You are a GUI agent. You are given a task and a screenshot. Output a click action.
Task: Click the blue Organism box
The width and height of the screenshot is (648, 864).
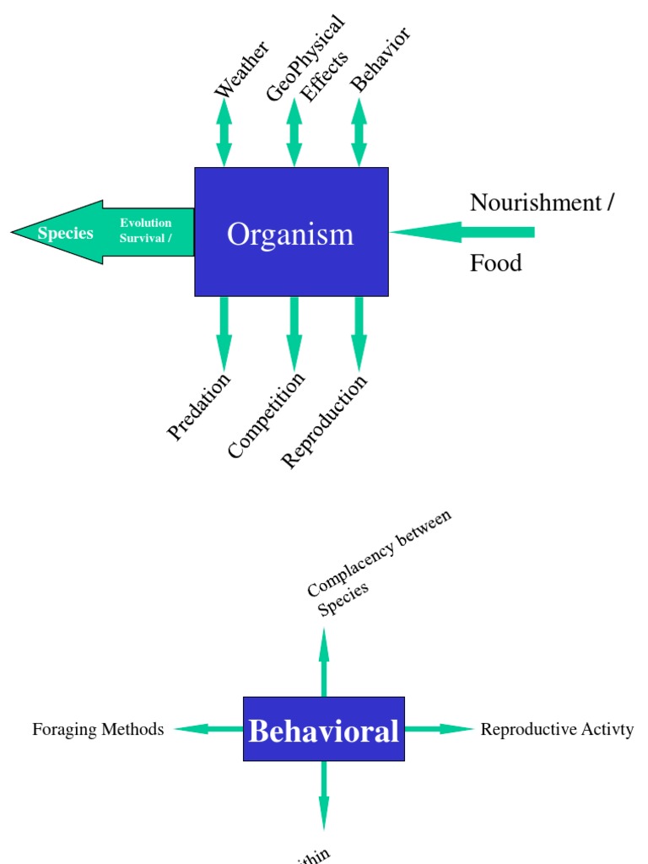pyautogui.click(x=291, y=232)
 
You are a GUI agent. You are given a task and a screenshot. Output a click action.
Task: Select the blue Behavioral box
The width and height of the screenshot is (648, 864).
pyautogui.click(x=323, y=729)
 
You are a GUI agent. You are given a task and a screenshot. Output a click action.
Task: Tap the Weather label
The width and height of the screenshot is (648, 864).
pyautogui.click(x=241, y=68)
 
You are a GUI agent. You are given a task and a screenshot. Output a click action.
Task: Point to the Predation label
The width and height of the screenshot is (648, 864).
pyautogui.click(x=199, y=408)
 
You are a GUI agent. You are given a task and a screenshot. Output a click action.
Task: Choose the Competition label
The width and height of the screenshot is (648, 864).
pyautogui.click(x=266, y=415)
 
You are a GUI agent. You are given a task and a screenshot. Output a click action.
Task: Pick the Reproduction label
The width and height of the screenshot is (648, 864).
pyautogui.click(x=325, y=421)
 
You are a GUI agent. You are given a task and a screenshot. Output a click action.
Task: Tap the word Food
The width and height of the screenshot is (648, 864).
pyautogui.click(x=496, y=263)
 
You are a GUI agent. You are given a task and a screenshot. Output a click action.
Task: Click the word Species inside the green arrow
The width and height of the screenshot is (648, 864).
pyautogui.click(x=65, y=234)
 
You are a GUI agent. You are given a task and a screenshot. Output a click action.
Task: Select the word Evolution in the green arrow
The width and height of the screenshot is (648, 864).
pyautogui.click(x=146, y=223)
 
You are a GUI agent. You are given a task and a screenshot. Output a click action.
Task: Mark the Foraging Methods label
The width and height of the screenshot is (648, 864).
pyautogui.click(x=98, y=730)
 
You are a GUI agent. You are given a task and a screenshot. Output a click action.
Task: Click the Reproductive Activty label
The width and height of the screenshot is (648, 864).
pyautogui.click(x=557, y=730)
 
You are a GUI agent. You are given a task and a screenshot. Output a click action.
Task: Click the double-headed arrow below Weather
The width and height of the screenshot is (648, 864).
pyautogui.click(x=224, y=132)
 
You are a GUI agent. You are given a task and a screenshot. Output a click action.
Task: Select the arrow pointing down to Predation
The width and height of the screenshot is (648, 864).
pyautogui.click(x=224, y=333)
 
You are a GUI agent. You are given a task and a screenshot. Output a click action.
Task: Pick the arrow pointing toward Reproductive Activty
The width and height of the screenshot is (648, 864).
pyautogui.click(x=440, y=729)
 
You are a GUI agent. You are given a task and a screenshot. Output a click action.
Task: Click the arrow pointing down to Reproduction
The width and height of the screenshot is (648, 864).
pyautogui.click(x=359, y=333)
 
